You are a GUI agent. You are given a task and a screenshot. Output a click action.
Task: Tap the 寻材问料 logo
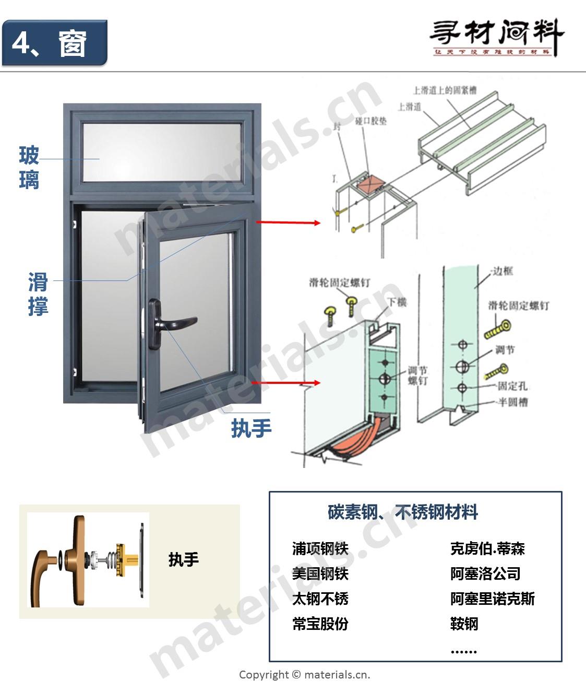(x=496, y=37)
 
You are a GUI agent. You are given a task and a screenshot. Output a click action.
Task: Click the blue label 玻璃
(x=29, y=168)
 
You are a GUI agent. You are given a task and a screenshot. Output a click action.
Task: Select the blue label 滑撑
(x=38, y=294)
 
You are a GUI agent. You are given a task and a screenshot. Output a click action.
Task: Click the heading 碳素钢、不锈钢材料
(x=402, y=512)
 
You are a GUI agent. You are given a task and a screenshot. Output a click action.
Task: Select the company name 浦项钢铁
(x=320, y=548)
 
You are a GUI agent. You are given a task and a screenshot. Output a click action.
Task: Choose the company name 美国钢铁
(x=320, y=573)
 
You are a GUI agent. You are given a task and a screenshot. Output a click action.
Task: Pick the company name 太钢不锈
(x=320, y=599)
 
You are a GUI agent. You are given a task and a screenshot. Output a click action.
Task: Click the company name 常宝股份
(x=320, y=624)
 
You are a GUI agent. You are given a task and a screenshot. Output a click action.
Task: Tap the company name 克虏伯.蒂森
(x=487, y=548)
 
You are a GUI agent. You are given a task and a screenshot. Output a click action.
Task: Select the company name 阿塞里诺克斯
(x=493, y=599)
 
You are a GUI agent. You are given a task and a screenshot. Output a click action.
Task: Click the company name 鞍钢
(x=464, y=624)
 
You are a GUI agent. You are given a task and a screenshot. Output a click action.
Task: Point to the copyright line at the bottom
(x=304, y=675)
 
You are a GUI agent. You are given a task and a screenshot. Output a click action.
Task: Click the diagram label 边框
(x=502, y=271)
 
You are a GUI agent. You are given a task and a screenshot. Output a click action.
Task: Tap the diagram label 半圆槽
(x=513, y=402)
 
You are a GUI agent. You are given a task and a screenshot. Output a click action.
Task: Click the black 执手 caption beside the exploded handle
(x=184, y=560)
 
